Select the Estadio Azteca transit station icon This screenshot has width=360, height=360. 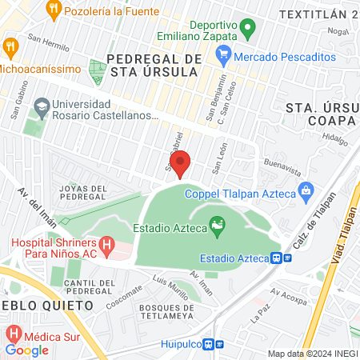coord(275,258)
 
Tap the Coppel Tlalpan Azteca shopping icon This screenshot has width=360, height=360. coord(305,191)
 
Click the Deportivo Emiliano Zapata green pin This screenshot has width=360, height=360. coord(248,30)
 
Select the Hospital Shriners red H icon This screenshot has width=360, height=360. coord(106,244)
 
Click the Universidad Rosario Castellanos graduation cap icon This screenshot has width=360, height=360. coord(41,106)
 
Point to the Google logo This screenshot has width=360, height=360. coord(26,350)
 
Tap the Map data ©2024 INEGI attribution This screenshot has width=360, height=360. coord(312,354)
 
